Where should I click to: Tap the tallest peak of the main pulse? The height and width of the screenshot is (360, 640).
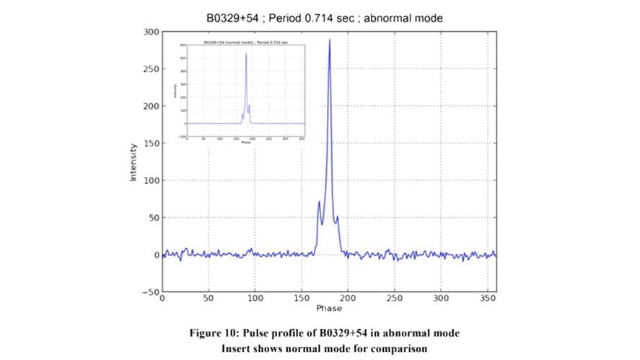pyautogui.click(x=330, y=40)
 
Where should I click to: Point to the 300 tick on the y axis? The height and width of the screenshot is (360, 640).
pyautogui.click(x=149, y=32)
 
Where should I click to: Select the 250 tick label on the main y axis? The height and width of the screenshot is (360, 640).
pyautogui.click(x=149, y=70)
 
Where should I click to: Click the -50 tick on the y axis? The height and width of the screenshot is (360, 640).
pyautogui.click(x=147, y=292)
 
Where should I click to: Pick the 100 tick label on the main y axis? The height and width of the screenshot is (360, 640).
pyautogui.click(x=149, y=181)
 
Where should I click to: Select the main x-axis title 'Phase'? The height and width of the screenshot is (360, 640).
pyautogui.click(x=328, y=308)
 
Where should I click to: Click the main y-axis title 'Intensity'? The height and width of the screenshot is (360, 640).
pyautogui.click(x=133, y=162)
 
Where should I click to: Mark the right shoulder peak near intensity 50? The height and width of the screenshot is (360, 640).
pyautogui.click(x=337, y=216)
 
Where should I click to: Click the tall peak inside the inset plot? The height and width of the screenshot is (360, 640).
pyautogui.click(x=245, y=54)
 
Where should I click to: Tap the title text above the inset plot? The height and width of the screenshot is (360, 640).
pyautogui.click(x=245, y=43)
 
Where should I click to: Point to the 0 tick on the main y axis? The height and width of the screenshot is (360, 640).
pyautogui.click(x=154, y=255)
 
